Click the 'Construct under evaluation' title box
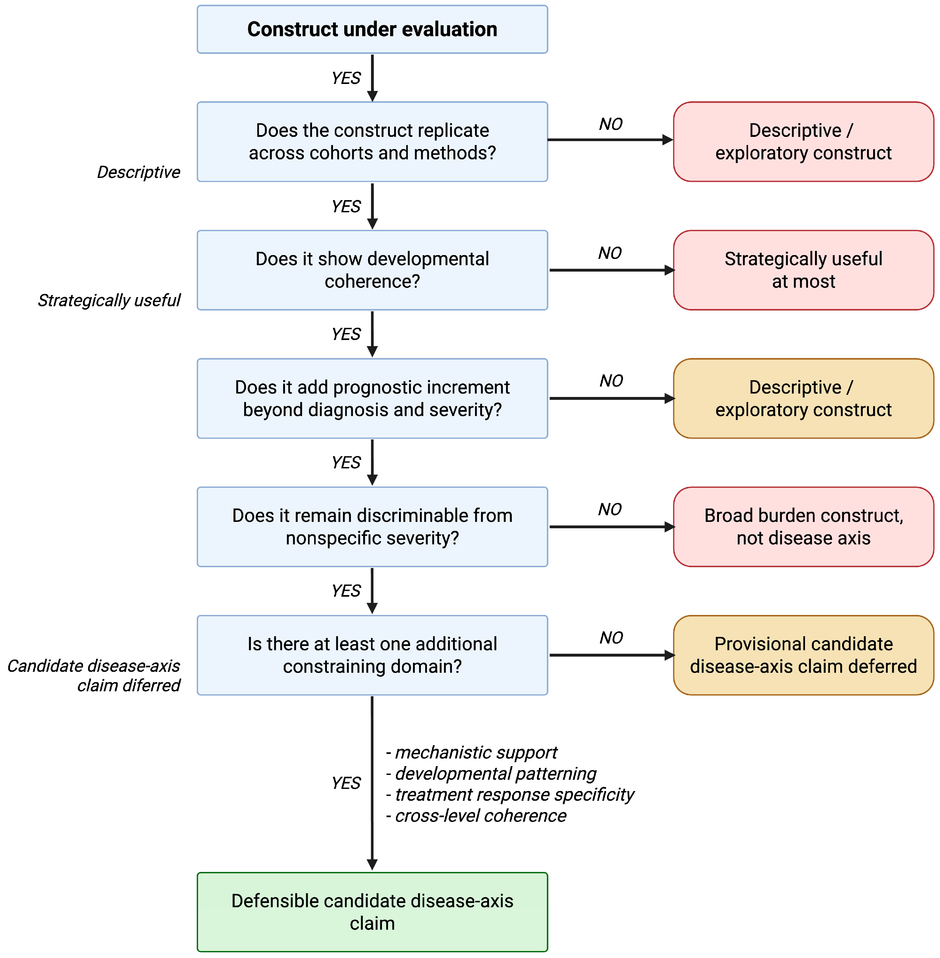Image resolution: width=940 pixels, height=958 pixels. coord(372,29)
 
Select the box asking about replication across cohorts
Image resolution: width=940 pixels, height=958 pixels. coord(372,142)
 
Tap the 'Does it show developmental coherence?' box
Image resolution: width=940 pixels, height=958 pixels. coord(372,270)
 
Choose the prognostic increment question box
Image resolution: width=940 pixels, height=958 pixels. coord(372,398)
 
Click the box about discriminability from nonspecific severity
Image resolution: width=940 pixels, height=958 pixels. coord(372,527)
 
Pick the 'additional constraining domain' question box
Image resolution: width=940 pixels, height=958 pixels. coord(372,655)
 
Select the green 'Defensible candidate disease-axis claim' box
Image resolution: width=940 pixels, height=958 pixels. coord(372,912)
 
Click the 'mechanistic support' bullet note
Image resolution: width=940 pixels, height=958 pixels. coord(471,753)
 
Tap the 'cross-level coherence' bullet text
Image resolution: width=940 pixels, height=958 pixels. coord(476,816)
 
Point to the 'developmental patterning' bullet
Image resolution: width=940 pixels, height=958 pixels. coord(491,774)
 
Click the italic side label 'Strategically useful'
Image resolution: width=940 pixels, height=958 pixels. coord(109,300)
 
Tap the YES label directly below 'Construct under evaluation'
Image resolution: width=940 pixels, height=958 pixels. coord(346,78)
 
